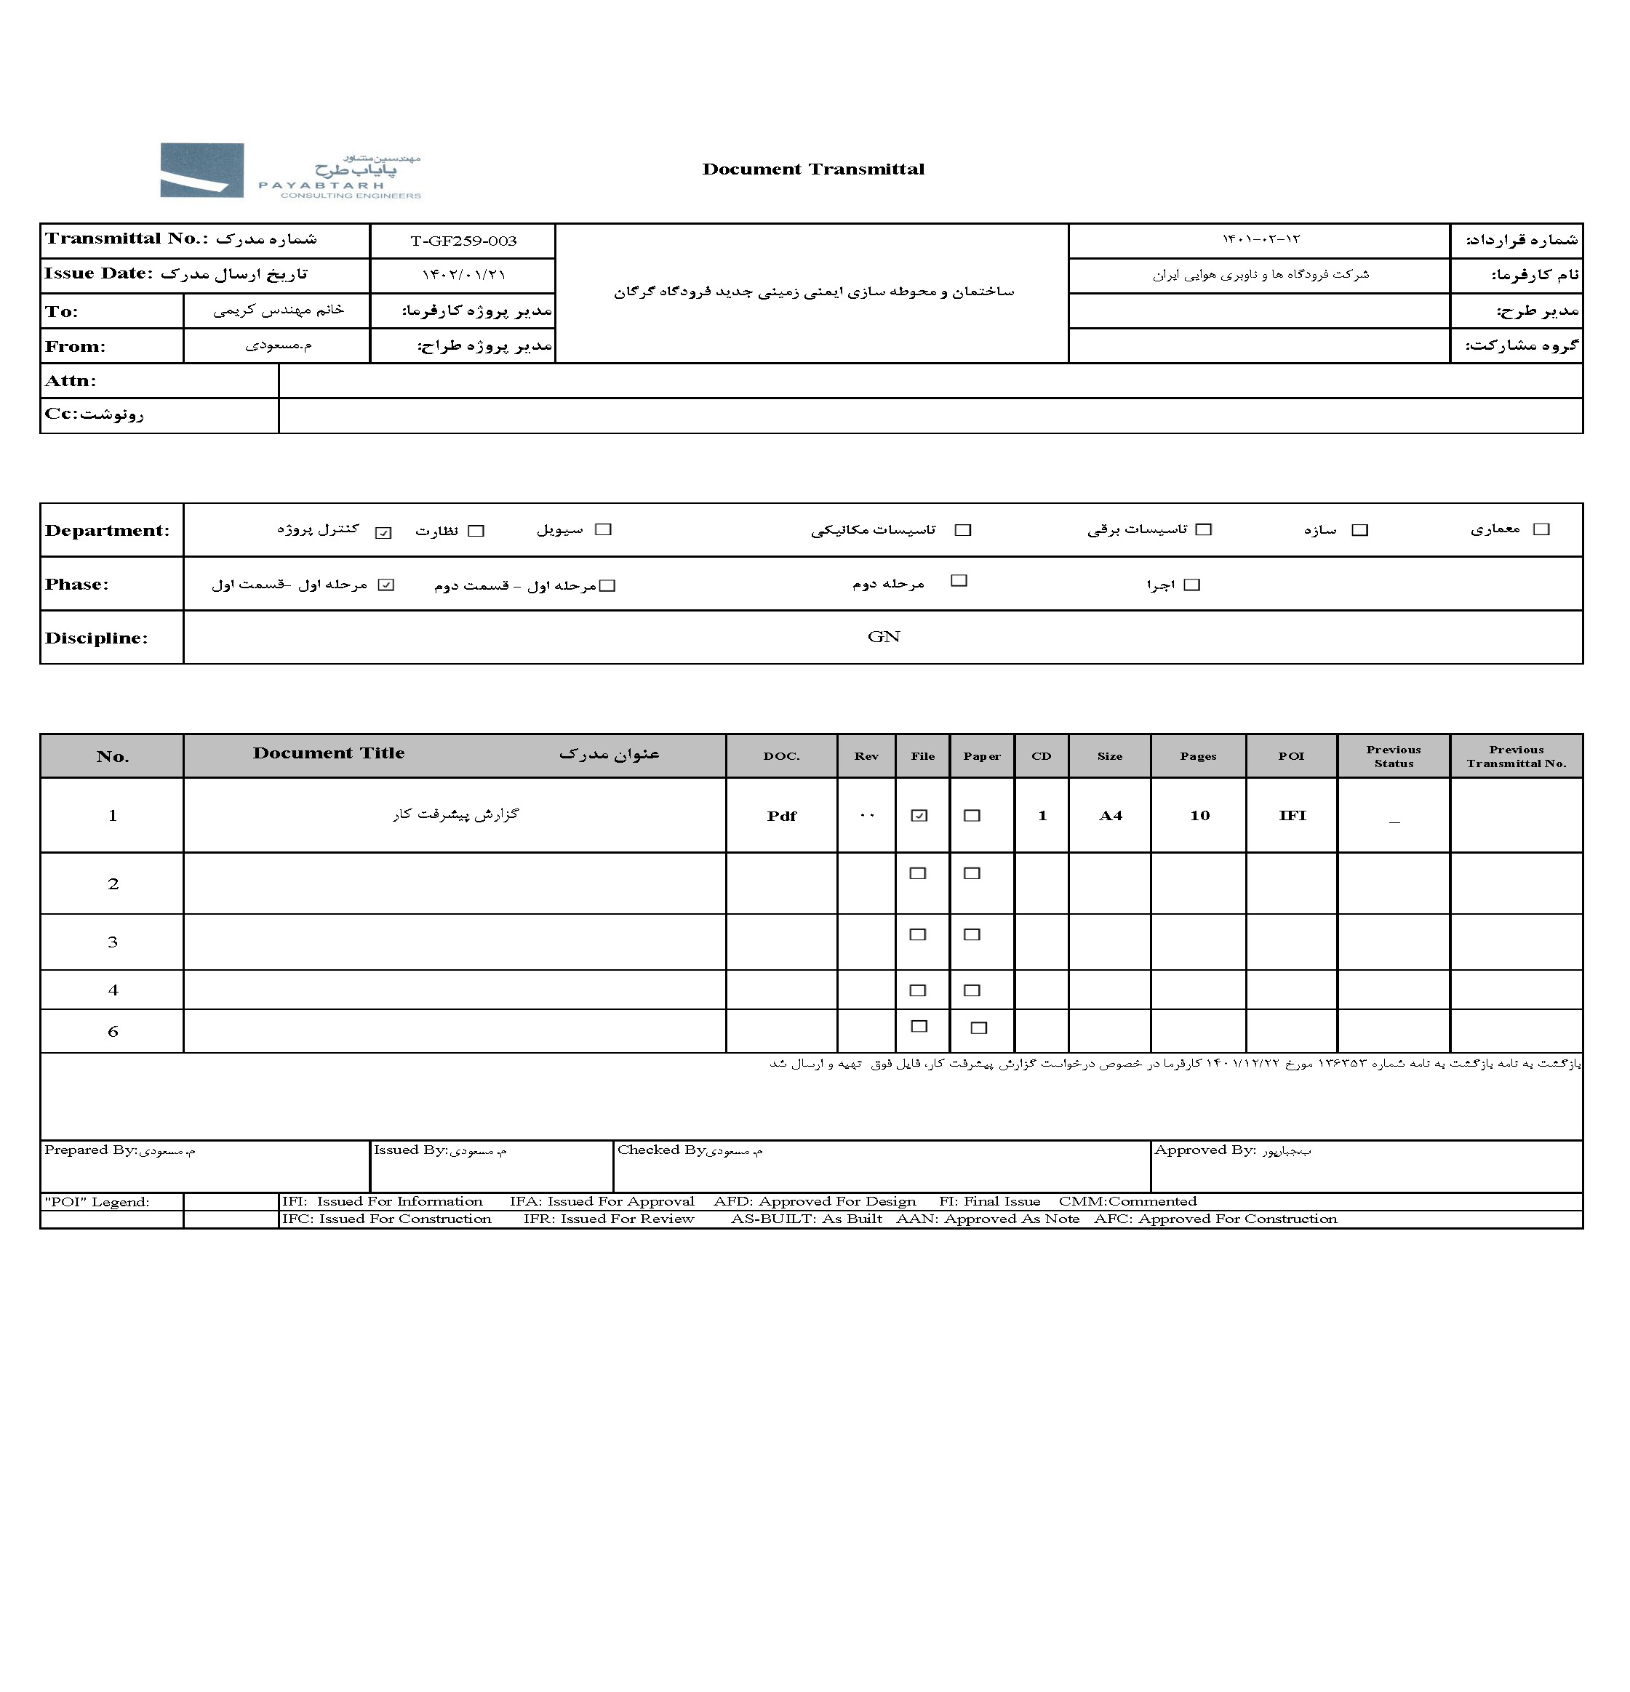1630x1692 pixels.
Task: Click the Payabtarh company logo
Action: [290, 172]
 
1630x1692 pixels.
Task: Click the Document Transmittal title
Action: [812, 169]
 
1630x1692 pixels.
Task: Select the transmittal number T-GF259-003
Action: [463, 241]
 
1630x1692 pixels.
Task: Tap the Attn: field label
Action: [71, 381]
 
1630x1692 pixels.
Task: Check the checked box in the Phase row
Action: [386, 585]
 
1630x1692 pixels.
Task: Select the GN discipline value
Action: [883, 637]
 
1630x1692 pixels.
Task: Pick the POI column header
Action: [1291, 756]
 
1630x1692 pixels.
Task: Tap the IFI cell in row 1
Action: [1292, 816]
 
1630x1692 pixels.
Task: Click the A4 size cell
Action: [1109, 816]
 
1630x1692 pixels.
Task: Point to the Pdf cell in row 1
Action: [781, 816]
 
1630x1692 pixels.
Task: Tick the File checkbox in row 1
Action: [919, 815]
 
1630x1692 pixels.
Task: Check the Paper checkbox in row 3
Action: [972, 935]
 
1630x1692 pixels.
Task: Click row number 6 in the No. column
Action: [112, 1032]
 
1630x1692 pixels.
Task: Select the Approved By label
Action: [1204, 1150]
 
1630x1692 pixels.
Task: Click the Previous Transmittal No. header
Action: [1515, 756]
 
